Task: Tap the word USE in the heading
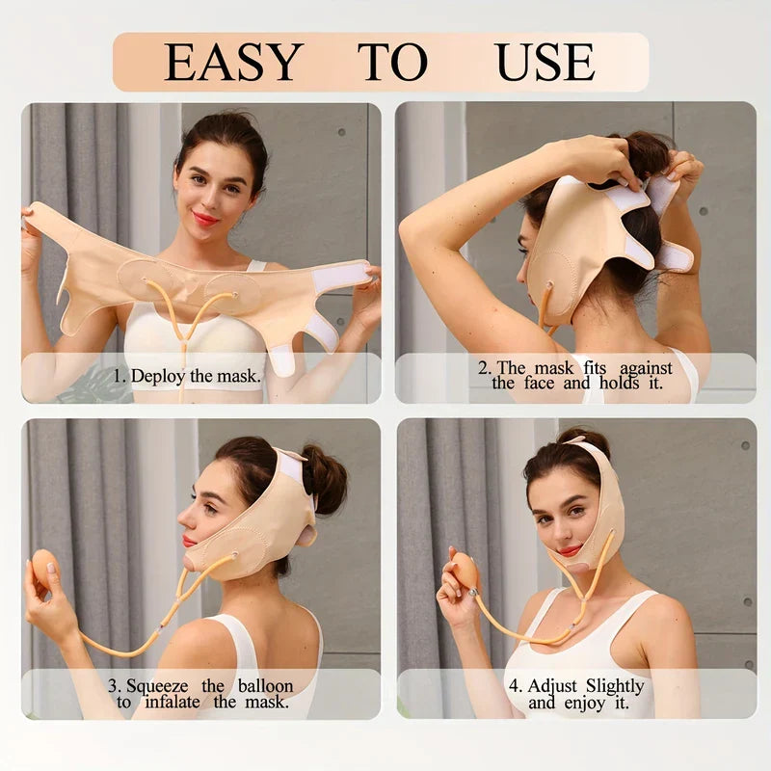[545, 62]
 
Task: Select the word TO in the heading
[392, 62]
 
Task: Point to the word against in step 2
[646, 368]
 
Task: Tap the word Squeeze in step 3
[157, 686]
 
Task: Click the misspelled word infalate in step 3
[173, 702]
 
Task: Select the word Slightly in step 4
[615, 686]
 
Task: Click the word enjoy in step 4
[585, 704]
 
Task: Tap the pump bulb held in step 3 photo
[45, 567]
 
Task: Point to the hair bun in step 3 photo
[325, 478]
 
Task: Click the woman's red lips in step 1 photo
[205, 218]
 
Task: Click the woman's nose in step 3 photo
[186, 517]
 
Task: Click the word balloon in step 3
[266, 685]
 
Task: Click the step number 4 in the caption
[515, 686]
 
